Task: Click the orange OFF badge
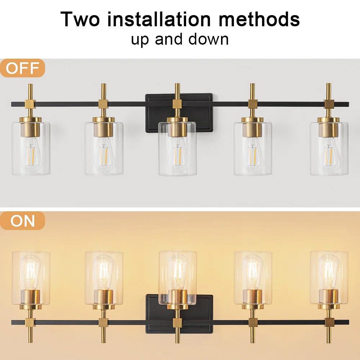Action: tap(22, 68)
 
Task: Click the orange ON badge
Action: tap(22, 221)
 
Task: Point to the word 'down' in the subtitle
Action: tap(209, 39)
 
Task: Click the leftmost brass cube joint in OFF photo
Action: tap(31, 104)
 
